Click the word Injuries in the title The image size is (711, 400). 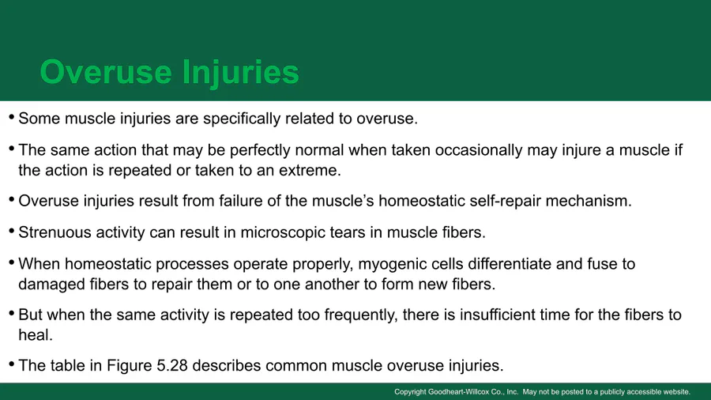pos(240,73)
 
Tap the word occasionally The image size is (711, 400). pos(479,150)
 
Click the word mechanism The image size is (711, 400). pos(588,201)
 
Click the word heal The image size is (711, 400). pos(36,335)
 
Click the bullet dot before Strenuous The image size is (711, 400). pos(12,232)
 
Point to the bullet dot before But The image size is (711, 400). pos(12,314)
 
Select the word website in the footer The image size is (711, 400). pos(676,392)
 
